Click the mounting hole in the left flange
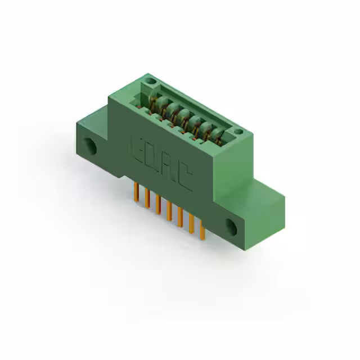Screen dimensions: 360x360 (90, 146)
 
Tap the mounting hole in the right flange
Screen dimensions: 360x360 (232, 226)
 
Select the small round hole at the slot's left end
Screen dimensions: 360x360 (150, 83)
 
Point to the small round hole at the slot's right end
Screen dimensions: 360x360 (239, 133)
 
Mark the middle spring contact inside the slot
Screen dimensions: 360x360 (184, 118)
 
